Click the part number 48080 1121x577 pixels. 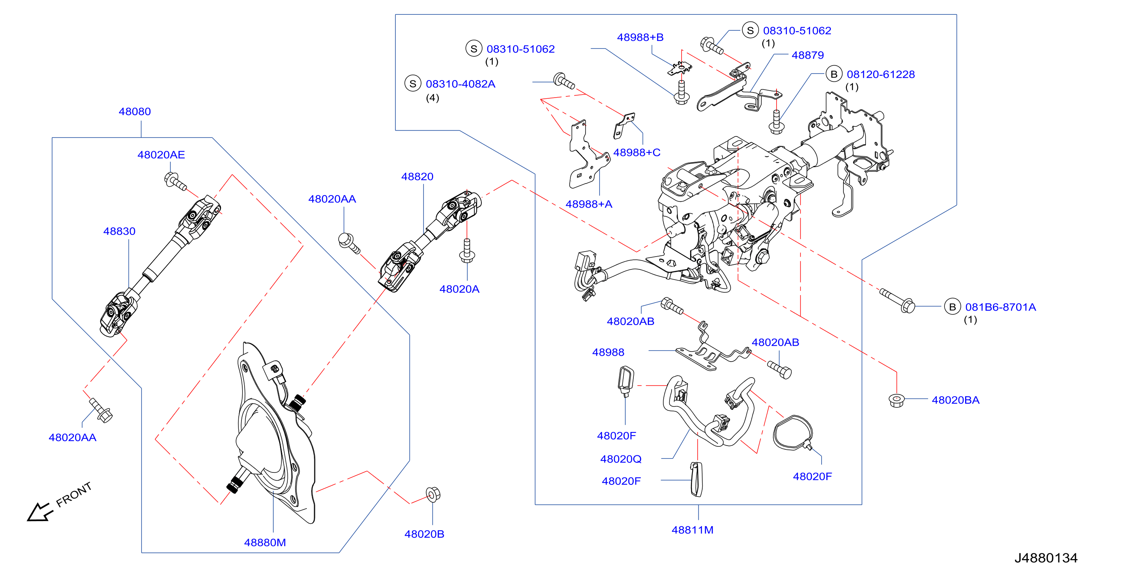click(x=135, y=112)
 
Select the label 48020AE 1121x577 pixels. click(x=161, y=155)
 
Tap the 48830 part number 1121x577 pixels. click(x=119, y=231)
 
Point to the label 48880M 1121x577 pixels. click(x=265, y=543)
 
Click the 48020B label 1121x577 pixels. click(x=424, y=534)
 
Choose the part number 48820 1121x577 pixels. click(x=417, y=177)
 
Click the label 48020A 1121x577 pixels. click(x=460, y=289)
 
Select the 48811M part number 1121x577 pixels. click(x=693, y=530)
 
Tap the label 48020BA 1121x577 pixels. click(x=956, y=400)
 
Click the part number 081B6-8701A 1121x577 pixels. click(x=1000, y=307)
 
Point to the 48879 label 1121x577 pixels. click(x=808, y=55)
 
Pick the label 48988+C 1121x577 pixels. click(x=637, y=153)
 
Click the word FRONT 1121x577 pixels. click(x=74, y=495)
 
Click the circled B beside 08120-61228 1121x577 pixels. click(x=834, y=74)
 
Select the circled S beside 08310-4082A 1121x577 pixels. click(x=413, y=84)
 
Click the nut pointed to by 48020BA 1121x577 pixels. click(x=897, y=400)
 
